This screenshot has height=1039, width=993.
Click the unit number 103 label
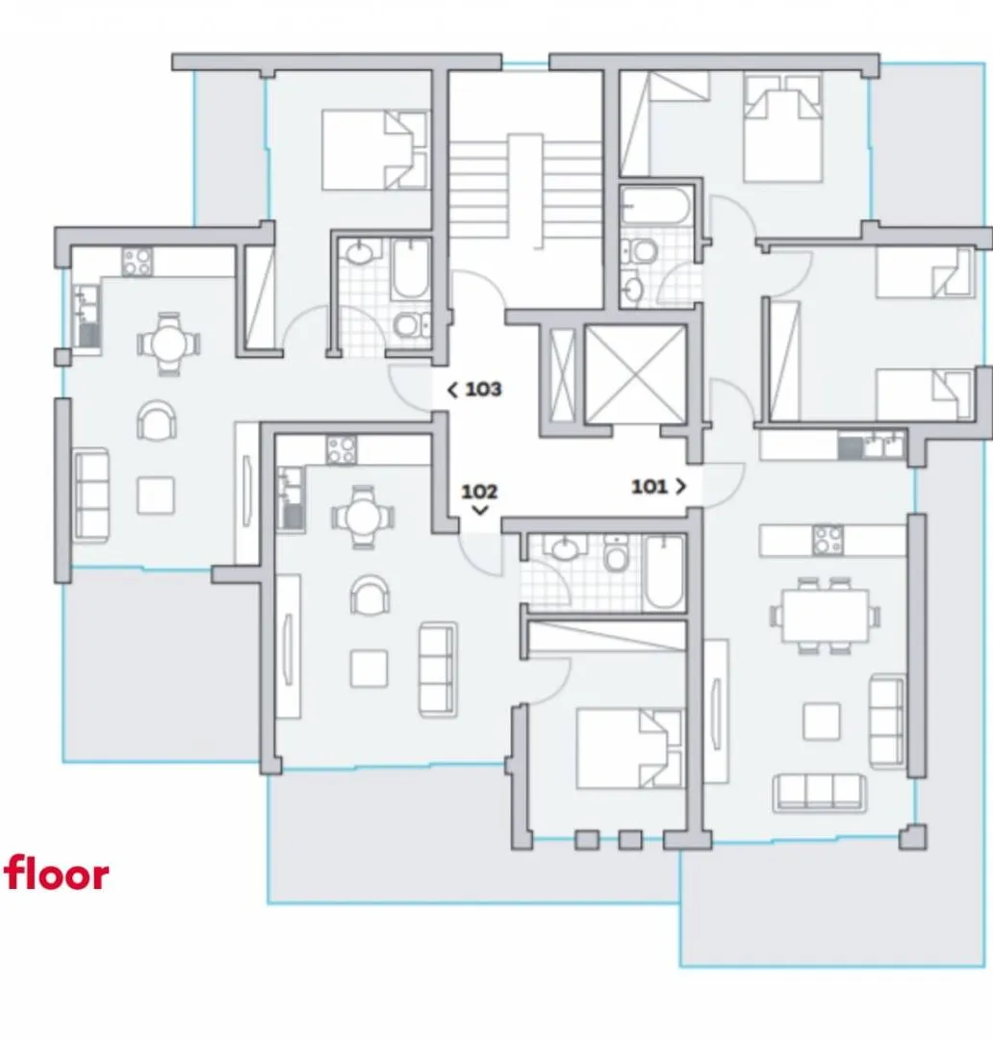(x=483, y=389)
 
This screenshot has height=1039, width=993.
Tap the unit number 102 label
(x=479, y=492)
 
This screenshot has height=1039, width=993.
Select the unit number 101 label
(x=649, y=487)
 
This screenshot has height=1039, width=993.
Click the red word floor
(x=57, y=874)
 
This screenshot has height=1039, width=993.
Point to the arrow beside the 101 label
(x=681, y=487)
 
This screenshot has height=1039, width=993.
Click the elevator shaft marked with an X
(x=636, y=374)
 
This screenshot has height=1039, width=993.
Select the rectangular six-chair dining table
(x=825, y=616)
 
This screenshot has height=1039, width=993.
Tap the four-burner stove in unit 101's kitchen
(x=827, y=540)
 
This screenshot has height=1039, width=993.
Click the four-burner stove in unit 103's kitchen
(x=138, y=262)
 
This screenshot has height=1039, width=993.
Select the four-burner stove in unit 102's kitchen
(x=341, y=450)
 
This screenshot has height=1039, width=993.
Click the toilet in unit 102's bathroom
(x=616, y=555)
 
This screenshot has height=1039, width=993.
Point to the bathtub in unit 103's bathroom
(x=411, y=269)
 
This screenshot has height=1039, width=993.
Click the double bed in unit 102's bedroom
(x=629, y=748)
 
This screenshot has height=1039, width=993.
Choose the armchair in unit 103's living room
(x=157, y=420)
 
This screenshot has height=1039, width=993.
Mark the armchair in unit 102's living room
(x=369, y=596)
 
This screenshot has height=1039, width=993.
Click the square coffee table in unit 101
(x=822, y=722)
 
